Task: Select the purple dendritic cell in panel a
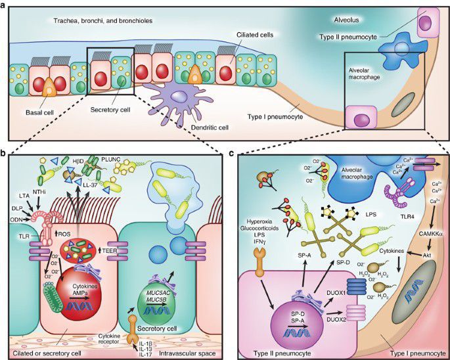tap(176, 99)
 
